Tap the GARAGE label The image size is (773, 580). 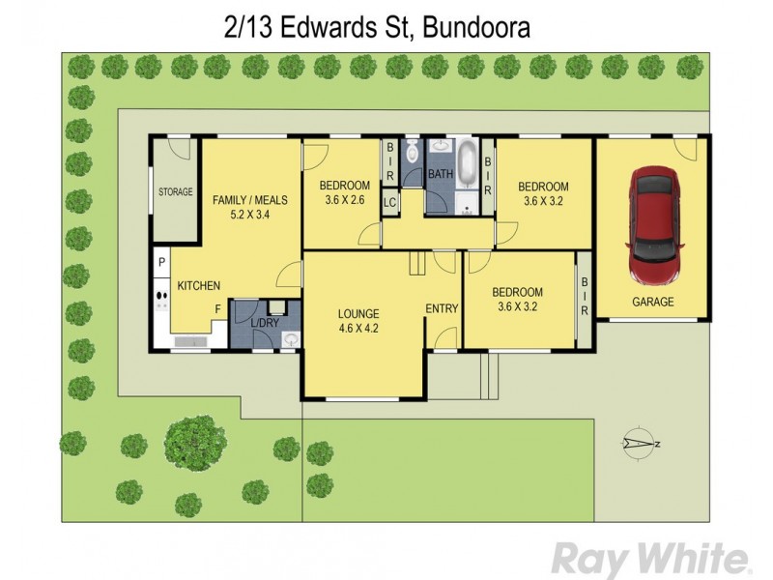click(653, 302)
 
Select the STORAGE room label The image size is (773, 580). click(176, 192)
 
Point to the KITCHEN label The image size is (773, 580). click(198, 285)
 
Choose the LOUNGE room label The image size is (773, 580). click(358, 313)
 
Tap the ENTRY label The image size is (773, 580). click(442, 308)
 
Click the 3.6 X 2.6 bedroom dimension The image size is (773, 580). click(344, 201)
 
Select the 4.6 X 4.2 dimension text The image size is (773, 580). click(358, 329)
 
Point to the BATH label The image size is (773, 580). click(441, 174)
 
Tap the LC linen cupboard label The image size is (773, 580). click(389, 202)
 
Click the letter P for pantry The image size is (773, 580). click(160, 262)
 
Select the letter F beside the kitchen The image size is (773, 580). click(217, 309)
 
